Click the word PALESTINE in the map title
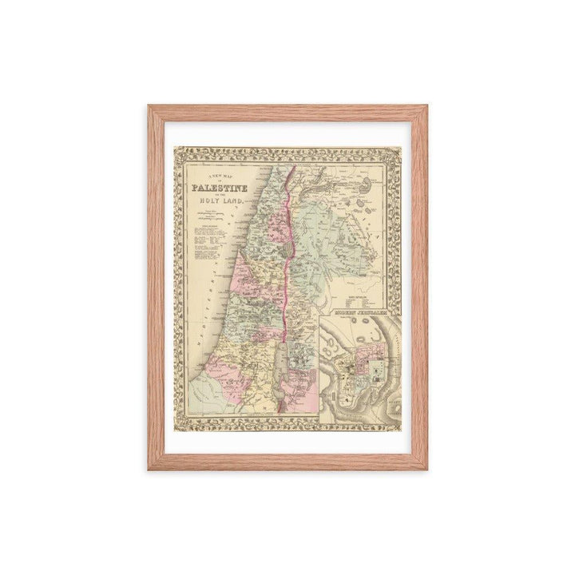click(216, 189)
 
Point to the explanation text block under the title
click(210, 248)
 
